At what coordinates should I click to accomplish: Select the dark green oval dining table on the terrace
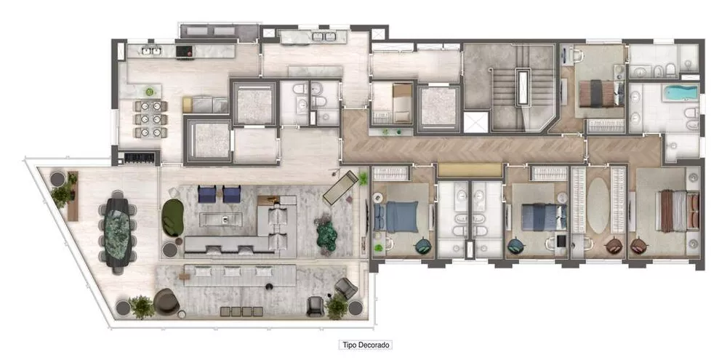point(118,226)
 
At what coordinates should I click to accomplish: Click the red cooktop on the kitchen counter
point(184,51)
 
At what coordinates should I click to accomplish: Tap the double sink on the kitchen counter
point(151,51)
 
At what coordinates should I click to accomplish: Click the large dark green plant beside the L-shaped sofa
point(326,233)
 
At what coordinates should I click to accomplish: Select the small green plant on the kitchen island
point(150,92)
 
